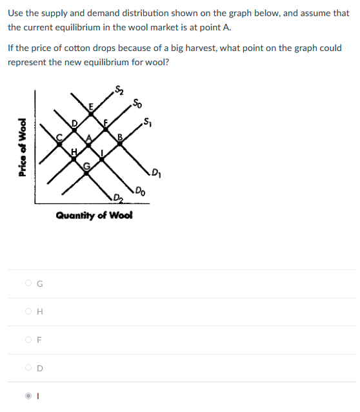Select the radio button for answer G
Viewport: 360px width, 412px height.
(28, 282)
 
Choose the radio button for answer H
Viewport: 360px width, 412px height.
(28, 311)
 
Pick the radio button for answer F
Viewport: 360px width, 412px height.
(28, 339)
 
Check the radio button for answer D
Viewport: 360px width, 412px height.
(28, 367)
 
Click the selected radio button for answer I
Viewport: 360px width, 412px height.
(28, 396)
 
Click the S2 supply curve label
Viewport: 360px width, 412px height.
(119, 90)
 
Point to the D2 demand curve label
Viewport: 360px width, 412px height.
(117, 197)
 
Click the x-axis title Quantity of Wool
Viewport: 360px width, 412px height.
(94, 216)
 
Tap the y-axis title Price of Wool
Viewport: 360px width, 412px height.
(23, 148)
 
